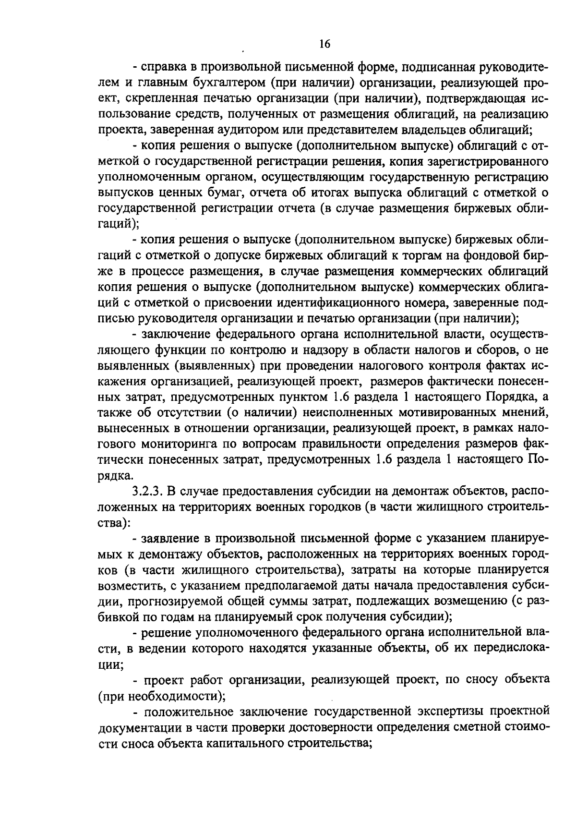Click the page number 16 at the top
coord(325,44)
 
